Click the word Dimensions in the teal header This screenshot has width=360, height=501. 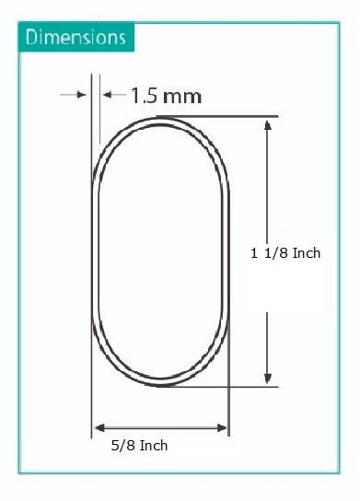75,38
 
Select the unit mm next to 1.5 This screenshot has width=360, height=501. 182,96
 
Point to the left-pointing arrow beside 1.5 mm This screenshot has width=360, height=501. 112,94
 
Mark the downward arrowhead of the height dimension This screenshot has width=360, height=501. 268,377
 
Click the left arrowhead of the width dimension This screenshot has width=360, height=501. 99,427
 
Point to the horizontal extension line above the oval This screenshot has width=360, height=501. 230,116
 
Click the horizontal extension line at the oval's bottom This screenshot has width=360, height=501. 230,385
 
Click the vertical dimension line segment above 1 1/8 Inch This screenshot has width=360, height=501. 268,184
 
